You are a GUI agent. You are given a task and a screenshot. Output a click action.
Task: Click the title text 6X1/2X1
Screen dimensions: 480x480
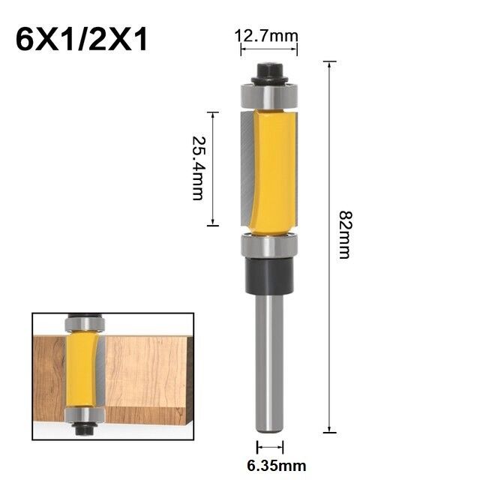pos(82,39)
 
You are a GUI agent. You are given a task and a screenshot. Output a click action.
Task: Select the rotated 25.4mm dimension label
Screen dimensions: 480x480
pos(197,168)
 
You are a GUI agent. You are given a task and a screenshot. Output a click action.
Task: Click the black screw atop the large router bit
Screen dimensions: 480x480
pos(268,73)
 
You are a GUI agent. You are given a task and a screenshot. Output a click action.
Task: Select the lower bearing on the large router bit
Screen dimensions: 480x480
pos(268,245)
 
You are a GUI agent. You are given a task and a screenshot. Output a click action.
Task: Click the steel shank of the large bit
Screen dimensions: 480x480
pos(268,360)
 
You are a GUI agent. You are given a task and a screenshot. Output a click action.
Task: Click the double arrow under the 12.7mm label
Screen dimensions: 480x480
pos(268,49)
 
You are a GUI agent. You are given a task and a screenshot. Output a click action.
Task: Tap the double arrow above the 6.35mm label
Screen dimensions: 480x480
pos(269,448)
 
